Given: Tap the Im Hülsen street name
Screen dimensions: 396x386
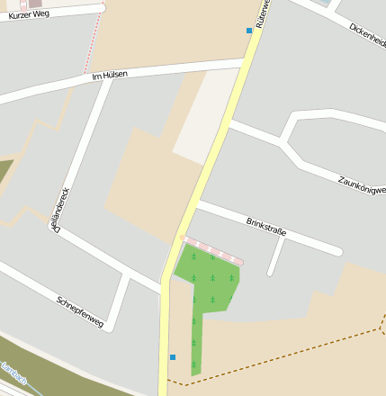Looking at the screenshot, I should click(110, 75).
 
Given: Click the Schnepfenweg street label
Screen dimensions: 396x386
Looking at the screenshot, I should click(79, 310).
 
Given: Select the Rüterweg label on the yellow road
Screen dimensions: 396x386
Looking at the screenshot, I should click(262, 13).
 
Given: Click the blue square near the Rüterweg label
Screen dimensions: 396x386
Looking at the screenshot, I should click(249, 31).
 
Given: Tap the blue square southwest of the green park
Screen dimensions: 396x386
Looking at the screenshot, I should click(173, 357).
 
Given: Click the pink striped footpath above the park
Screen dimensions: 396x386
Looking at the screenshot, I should click(212, 248).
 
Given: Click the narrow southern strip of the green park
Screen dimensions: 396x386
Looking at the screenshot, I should click(196, 346).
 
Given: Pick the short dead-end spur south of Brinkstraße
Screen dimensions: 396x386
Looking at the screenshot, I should click(276, 257).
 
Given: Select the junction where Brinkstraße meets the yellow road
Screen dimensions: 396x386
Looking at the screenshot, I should click(198, 205).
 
